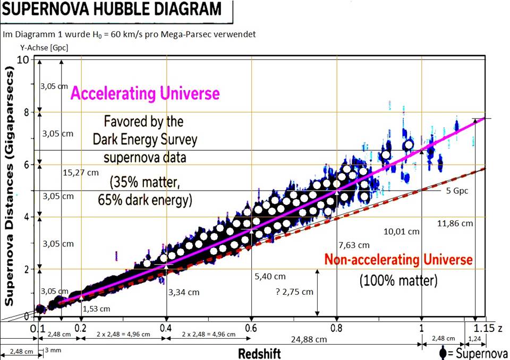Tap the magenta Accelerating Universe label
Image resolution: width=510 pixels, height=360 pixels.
[x=145, y=94]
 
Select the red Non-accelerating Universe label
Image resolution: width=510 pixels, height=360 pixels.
[x=398, y=260]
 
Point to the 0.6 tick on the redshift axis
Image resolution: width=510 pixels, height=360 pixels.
[x=252, y=328]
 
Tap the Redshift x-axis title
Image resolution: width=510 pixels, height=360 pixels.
[x=259, y=354]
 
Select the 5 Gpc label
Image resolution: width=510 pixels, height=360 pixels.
[x=457, y=191]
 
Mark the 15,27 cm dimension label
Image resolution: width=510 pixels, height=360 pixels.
[x=80, y=172]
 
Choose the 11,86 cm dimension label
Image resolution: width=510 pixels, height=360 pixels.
[x=455, y=224]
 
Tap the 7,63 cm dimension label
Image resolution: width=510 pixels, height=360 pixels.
[x=353, y=245]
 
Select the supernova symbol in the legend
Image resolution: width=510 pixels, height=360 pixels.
[x=444, y=353]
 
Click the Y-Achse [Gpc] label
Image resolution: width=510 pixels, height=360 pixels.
[x=44, y=48]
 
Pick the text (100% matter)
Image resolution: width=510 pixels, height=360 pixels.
[x=398, y=280]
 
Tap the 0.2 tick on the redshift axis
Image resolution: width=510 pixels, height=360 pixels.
[x=81, y=328]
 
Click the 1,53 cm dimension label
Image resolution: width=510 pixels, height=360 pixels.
[x=96, y=308]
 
